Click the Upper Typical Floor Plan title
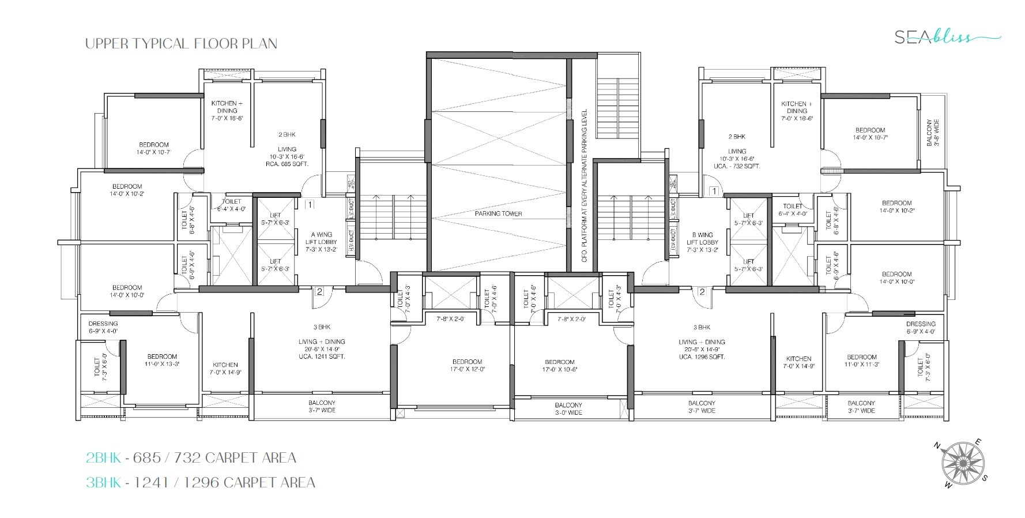pos(181,44)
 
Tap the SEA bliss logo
pos(946,37)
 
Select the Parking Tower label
pos(498,213)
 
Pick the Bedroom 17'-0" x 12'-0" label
pos(467,366)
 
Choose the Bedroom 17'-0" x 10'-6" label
pos(559,366)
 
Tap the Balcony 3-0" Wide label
pos(568,409)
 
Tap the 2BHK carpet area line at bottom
pos(191,458)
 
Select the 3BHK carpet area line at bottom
pos(200,482)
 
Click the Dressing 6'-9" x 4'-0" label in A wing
pos(103,327)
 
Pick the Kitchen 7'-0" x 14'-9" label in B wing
pos(798,362)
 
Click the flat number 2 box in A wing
pos(320,292)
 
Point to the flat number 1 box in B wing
pos(713,191)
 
